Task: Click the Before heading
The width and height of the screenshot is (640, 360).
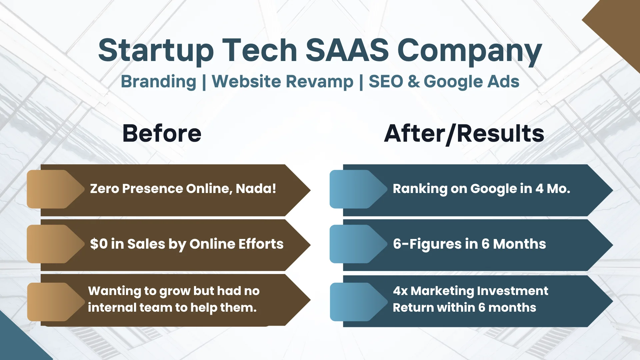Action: (162, 133)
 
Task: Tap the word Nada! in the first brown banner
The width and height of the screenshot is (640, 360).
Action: (256, 189)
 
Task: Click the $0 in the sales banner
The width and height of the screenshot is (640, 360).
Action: (99, 244)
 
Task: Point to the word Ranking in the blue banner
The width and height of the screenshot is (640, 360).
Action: (420, 189)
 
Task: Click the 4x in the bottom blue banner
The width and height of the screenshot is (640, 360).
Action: (400, 291)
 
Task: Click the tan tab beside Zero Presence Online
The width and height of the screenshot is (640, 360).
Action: (55, 189)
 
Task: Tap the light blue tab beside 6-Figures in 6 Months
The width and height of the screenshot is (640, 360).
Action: (358, 244)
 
